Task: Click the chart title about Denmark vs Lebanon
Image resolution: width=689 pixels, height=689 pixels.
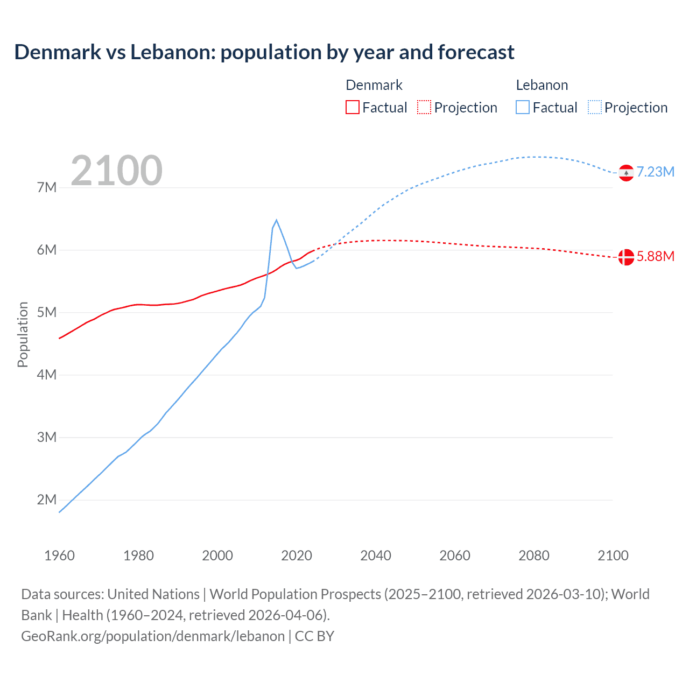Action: (264, 52)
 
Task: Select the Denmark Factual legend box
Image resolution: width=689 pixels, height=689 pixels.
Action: (353, 108)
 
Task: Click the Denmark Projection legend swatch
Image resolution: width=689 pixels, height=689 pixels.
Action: (424, 108)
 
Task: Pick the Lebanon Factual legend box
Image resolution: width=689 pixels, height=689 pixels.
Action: (523, 108)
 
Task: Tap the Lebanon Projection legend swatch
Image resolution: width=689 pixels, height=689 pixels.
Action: (595, 108)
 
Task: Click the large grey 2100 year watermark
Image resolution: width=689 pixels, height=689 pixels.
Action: (116, 171)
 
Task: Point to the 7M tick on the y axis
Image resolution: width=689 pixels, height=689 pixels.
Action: (47, 188)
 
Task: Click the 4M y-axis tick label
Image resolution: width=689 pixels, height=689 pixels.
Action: (47, 375)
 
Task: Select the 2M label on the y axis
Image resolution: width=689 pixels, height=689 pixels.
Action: (47, 500)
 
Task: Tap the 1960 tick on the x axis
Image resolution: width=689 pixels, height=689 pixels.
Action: (59, 556)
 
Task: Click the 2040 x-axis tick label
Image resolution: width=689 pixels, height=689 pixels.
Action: (376, 556)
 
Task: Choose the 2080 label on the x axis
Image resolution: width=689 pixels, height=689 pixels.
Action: (534, 556)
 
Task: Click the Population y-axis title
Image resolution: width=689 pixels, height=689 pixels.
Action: (23, 334)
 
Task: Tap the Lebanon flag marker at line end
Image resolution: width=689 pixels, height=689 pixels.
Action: (626, 173)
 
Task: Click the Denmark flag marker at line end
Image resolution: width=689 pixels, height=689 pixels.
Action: (626, 257)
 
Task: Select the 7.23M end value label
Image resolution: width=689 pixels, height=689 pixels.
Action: (656, 172)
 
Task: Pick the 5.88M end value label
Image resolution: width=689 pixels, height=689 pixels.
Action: (656, 257)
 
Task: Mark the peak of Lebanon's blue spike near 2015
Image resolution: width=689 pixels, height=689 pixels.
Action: (276, 220)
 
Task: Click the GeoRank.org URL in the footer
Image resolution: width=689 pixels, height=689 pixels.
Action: (153, 636)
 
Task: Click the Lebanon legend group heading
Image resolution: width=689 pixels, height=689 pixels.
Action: (542, 85)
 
